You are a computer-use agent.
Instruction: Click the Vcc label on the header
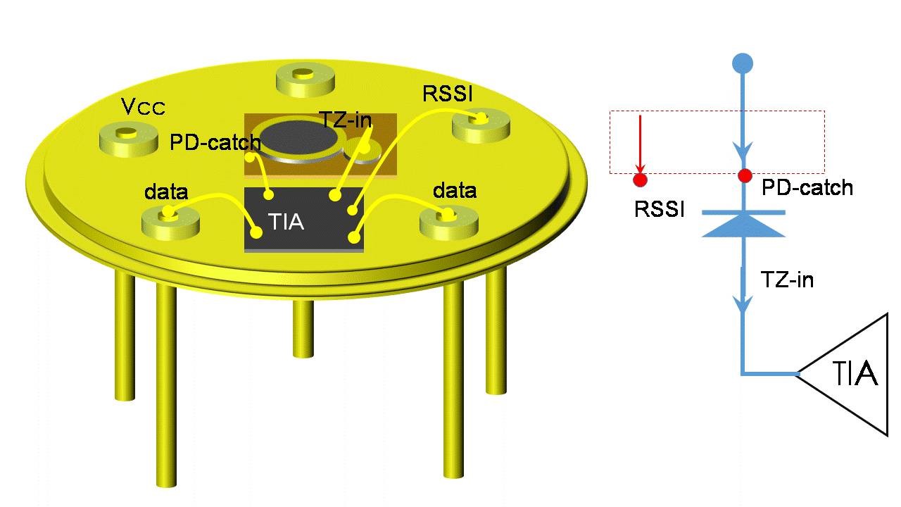click(x=143, y=107)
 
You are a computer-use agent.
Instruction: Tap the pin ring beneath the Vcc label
click(x=128, y=137)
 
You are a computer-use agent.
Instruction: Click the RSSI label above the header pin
click(x=447, y=94)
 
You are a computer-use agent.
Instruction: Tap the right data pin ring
click(x=448, y=220)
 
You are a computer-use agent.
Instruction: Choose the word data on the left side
click(x=166, y=192)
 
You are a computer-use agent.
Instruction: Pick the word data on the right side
click(x=454, y=190)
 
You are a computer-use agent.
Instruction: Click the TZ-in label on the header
click(x=346, y=118)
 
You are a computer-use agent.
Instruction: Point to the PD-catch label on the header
click(x=215, y=143)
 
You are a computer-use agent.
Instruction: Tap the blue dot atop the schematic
click(x=743, y=63)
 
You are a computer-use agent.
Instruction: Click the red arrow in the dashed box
click(x=640, y=144)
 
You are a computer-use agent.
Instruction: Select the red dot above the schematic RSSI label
click(x=640, y=180)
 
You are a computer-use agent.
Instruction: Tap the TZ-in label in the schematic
click(x=787, y=280)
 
